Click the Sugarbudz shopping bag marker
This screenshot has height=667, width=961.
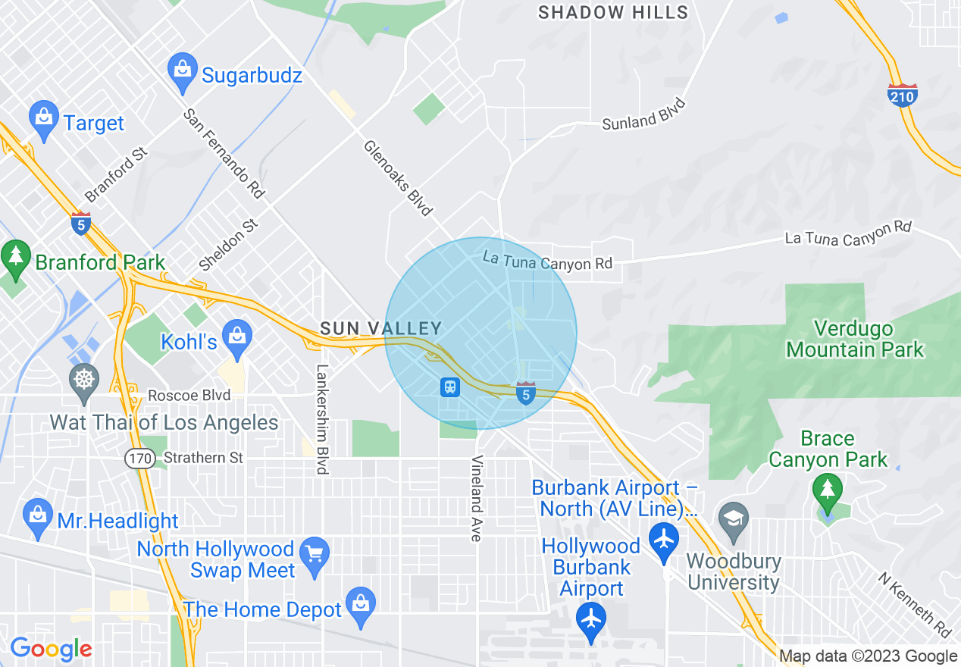click(x=182, y=69)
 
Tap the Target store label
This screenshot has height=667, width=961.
click(x=93, y=123)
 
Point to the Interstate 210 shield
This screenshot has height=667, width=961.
click(x=902, y=95)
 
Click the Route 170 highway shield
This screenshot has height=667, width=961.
click(x=141, y=458)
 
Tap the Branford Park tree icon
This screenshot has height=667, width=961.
click(x=16, y=257)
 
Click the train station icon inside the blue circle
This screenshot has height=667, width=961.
click(x=450, y=387)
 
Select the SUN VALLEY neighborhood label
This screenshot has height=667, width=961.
click(x=380, y=328)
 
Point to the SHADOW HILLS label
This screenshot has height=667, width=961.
click(x=613, y=12)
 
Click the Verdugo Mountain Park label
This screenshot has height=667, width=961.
click(x=855, y=339)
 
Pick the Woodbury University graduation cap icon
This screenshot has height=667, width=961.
click(x=734, y=519)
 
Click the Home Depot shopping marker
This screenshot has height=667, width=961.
click(x=360, y=603)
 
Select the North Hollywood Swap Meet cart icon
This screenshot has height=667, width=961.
click(x=314, y=554)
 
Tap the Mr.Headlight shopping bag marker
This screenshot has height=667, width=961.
click(x=37, y=515)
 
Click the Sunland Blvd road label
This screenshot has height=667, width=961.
click(x=644, y=114)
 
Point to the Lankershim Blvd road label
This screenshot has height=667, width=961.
click(x=322, y=420)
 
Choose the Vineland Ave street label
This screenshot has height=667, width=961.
click(x=477, y=498)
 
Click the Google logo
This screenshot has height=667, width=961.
click(x=51, y=649)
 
